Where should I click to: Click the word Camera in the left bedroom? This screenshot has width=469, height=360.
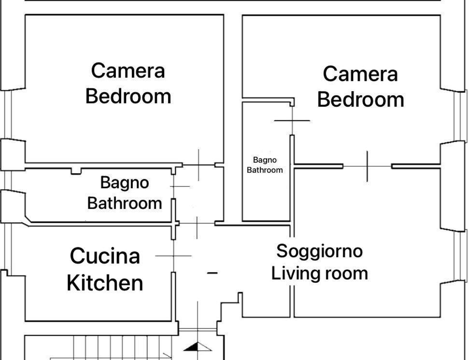pos(128,71)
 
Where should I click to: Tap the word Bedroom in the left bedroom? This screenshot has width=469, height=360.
pos(128,96)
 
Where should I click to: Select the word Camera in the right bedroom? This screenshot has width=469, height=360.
pos(360,74)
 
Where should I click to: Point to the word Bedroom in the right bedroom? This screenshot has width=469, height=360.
pos(361,99)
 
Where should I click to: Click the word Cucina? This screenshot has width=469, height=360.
pos(105,256)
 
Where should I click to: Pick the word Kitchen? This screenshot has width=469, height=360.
pos(105,283)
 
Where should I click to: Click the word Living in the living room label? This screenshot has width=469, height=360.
pos(295,273)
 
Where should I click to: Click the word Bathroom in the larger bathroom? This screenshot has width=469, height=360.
pos(125,203)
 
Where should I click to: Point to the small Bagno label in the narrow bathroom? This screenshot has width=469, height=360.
pos(265,160)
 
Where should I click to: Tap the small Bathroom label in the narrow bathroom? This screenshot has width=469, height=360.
pos(265,170)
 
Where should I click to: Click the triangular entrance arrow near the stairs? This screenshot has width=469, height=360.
pos(198,346)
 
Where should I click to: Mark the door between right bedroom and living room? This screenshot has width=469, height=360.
pos(367,166)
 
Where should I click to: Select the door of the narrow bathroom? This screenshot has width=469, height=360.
pos(292,121)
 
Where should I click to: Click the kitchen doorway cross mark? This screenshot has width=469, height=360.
pos(173,256)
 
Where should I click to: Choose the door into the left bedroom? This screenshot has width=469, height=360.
pos(199,165)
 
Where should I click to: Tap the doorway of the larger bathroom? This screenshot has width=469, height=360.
pos(174,186)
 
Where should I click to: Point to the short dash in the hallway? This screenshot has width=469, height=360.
pos(213,273)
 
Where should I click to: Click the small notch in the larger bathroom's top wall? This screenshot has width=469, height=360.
pos(76,171)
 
